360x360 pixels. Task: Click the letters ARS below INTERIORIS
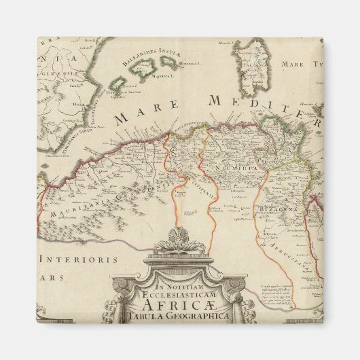point(54,278)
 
